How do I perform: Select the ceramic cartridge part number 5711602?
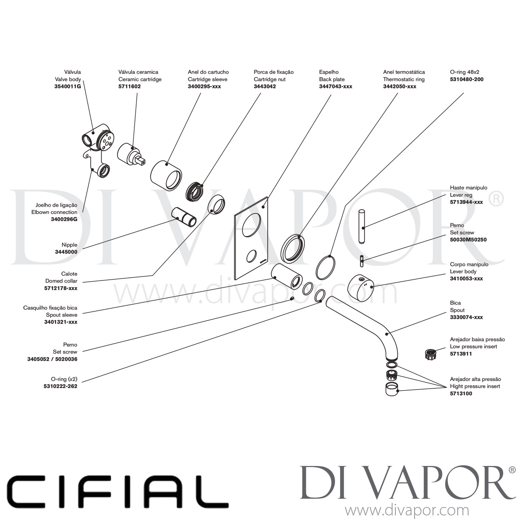click(129, 86)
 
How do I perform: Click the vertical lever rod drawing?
click(362, 226)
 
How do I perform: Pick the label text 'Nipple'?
click(70, 245)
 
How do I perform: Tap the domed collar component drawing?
click(216, 204)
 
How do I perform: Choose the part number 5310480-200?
click(467, 79)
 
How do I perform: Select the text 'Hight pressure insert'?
click(475, 386)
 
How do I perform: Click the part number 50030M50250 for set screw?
click(468, 240)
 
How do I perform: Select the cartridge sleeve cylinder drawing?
click(166, 175)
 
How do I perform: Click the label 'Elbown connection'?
click(54, 212)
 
